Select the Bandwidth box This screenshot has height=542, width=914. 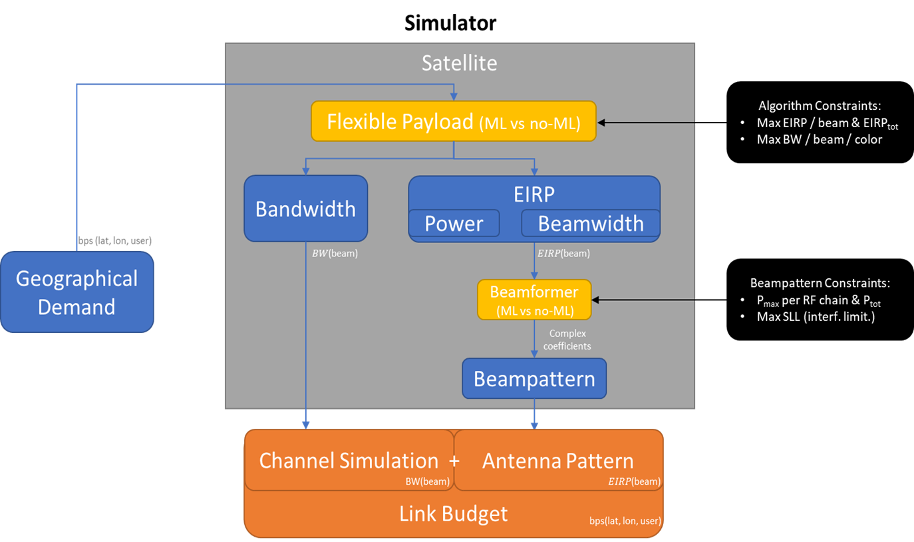coord(305,208)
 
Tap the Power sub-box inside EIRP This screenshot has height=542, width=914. coord(454,223)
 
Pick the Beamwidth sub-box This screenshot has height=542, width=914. coord(590,223)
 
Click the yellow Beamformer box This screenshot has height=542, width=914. coord(534,300)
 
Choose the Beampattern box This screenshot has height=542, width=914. coord(534,379)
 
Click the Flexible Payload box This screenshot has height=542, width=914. coord(453,121)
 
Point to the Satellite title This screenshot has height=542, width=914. coord(459,63)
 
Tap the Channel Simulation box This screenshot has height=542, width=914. coord(349,460)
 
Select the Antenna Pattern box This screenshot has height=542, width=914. coord(558,460)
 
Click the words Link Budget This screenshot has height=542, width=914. coord(453,513)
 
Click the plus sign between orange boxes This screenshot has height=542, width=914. coord(454,460)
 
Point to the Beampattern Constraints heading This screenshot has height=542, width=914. coord(820,282)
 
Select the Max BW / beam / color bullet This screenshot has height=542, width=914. coord(819,140)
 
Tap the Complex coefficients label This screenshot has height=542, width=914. coord(567,340)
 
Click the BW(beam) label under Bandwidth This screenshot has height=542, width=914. coord(335,253)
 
